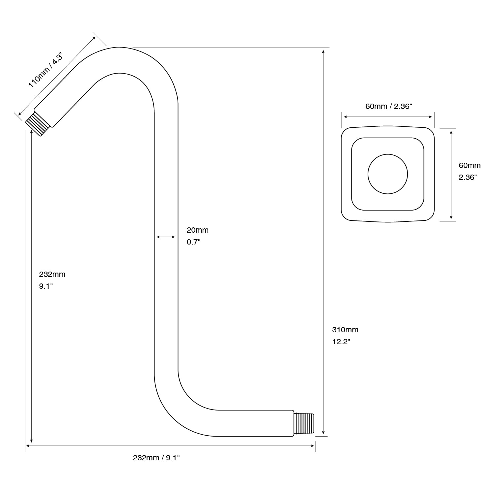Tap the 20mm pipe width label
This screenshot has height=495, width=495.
(x=198, y=230)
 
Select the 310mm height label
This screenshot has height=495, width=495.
(x=345, y=330)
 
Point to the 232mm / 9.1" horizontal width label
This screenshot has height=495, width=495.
(x=156, y=458)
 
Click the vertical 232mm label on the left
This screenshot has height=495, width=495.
(x=52, y=274)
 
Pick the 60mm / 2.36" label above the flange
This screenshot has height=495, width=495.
(x=389, y=106)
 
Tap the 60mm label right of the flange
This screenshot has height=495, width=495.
(x=470, y=165)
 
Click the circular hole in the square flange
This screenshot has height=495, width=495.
(x=388, y=174)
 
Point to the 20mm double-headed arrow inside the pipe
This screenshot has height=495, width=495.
(x=166, y=237)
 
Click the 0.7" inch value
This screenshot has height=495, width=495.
(x=194, y=242)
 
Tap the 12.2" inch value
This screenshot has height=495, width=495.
(x=341, y=342)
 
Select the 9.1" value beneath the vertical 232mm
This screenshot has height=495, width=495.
(x=46, y=286)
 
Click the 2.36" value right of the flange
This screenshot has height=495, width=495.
(x=468, y=177)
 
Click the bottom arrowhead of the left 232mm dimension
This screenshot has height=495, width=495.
(x=31, y=440)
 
